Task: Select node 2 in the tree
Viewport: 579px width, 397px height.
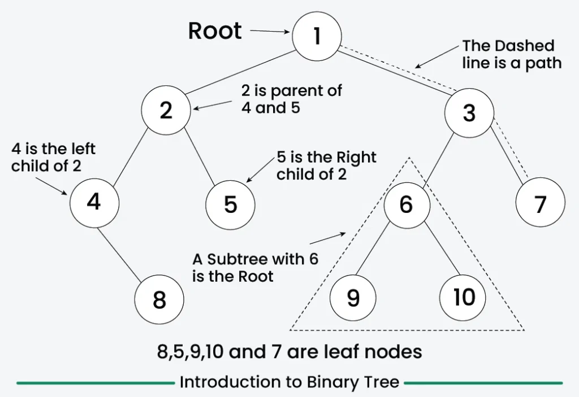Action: [x=166, y=111]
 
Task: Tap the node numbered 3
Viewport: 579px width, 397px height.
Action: [x=469, y=113]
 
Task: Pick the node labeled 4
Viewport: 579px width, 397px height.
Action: [x=94, y=202]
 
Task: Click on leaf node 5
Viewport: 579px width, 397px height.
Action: [x=230, y=204]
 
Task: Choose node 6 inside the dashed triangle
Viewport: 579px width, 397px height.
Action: [x=407, y=204]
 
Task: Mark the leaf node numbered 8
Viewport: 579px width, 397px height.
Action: [x=159, y=299]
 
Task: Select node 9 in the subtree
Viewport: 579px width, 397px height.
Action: [x=353, y=297]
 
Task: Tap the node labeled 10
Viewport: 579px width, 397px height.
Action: [x=464, y=297]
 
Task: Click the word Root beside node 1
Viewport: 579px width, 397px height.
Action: [x=215, y=31]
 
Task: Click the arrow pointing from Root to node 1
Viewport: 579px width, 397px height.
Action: [x=269, y=32]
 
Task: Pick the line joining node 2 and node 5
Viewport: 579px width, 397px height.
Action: [x=199, y=160]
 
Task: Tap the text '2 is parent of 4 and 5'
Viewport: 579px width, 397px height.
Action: [x=291, y=99]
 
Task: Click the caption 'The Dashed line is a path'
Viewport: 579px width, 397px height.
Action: [x=511, y=54]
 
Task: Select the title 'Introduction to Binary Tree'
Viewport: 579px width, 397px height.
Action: [x=289, y=382]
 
